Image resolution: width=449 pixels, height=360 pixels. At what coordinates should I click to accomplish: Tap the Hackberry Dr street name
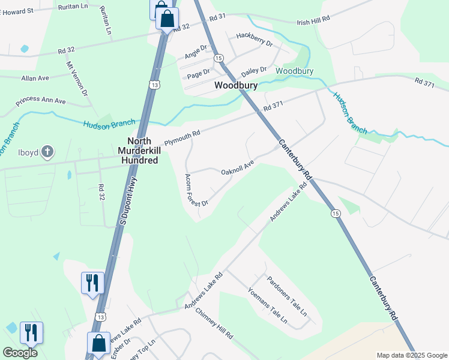pos(255,40)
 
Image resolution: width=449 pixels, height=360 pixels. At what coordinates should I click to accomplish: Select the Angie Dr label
pos(196,52)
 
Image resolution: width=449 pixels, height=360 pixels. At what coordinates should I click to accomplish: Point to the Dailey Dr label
pos(254,71)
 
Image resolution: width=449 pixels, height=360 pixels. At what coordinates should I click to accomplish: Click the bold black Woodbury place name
pos(237,86)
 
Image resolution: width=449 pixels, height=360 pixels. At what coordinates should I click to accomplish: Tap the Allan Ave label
pos(35,78)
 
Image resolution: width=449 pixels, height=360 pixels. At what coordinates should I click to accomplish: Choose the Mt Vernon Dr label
pos(77,79)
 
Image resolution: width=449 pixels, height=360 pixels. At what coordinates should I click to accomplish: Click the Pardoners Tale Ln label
pos(286,296)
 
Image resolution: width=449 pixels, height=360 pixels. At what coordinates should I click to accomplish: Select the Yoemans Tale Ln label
pos(268,306)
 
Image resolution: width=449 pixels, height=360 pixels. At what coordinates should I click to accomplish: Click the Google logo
pos(20,353)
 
